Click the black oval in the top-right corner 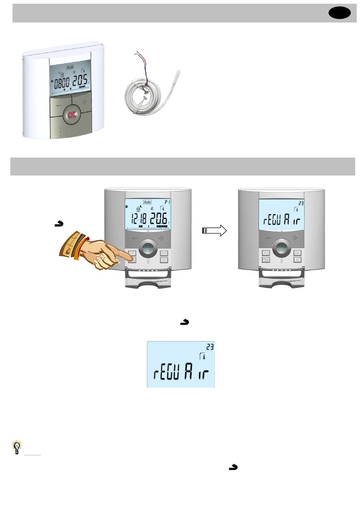point(340,13)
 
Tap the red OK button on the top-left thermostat point(72,115)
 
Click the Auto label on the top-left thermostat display point(70,67)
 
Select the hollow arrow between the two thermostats point(214,230)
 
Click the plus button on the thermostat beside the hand point(162,238)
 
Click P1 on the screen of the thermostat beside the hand point(167,202)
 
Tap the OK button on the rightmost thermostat point(281,249)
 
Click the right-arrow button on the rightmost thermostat point(297,252)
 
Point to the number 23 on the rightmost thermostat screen point(301,203)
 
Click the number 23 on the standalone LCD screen point(210,347)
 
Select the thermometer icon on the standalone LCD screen point(203,356)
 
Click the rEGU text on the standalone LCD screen point(166,374)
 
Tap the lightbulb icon point(17,447)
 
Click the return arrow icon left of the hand point(59,224)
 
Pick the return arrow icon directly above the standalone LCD point(185,322)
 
